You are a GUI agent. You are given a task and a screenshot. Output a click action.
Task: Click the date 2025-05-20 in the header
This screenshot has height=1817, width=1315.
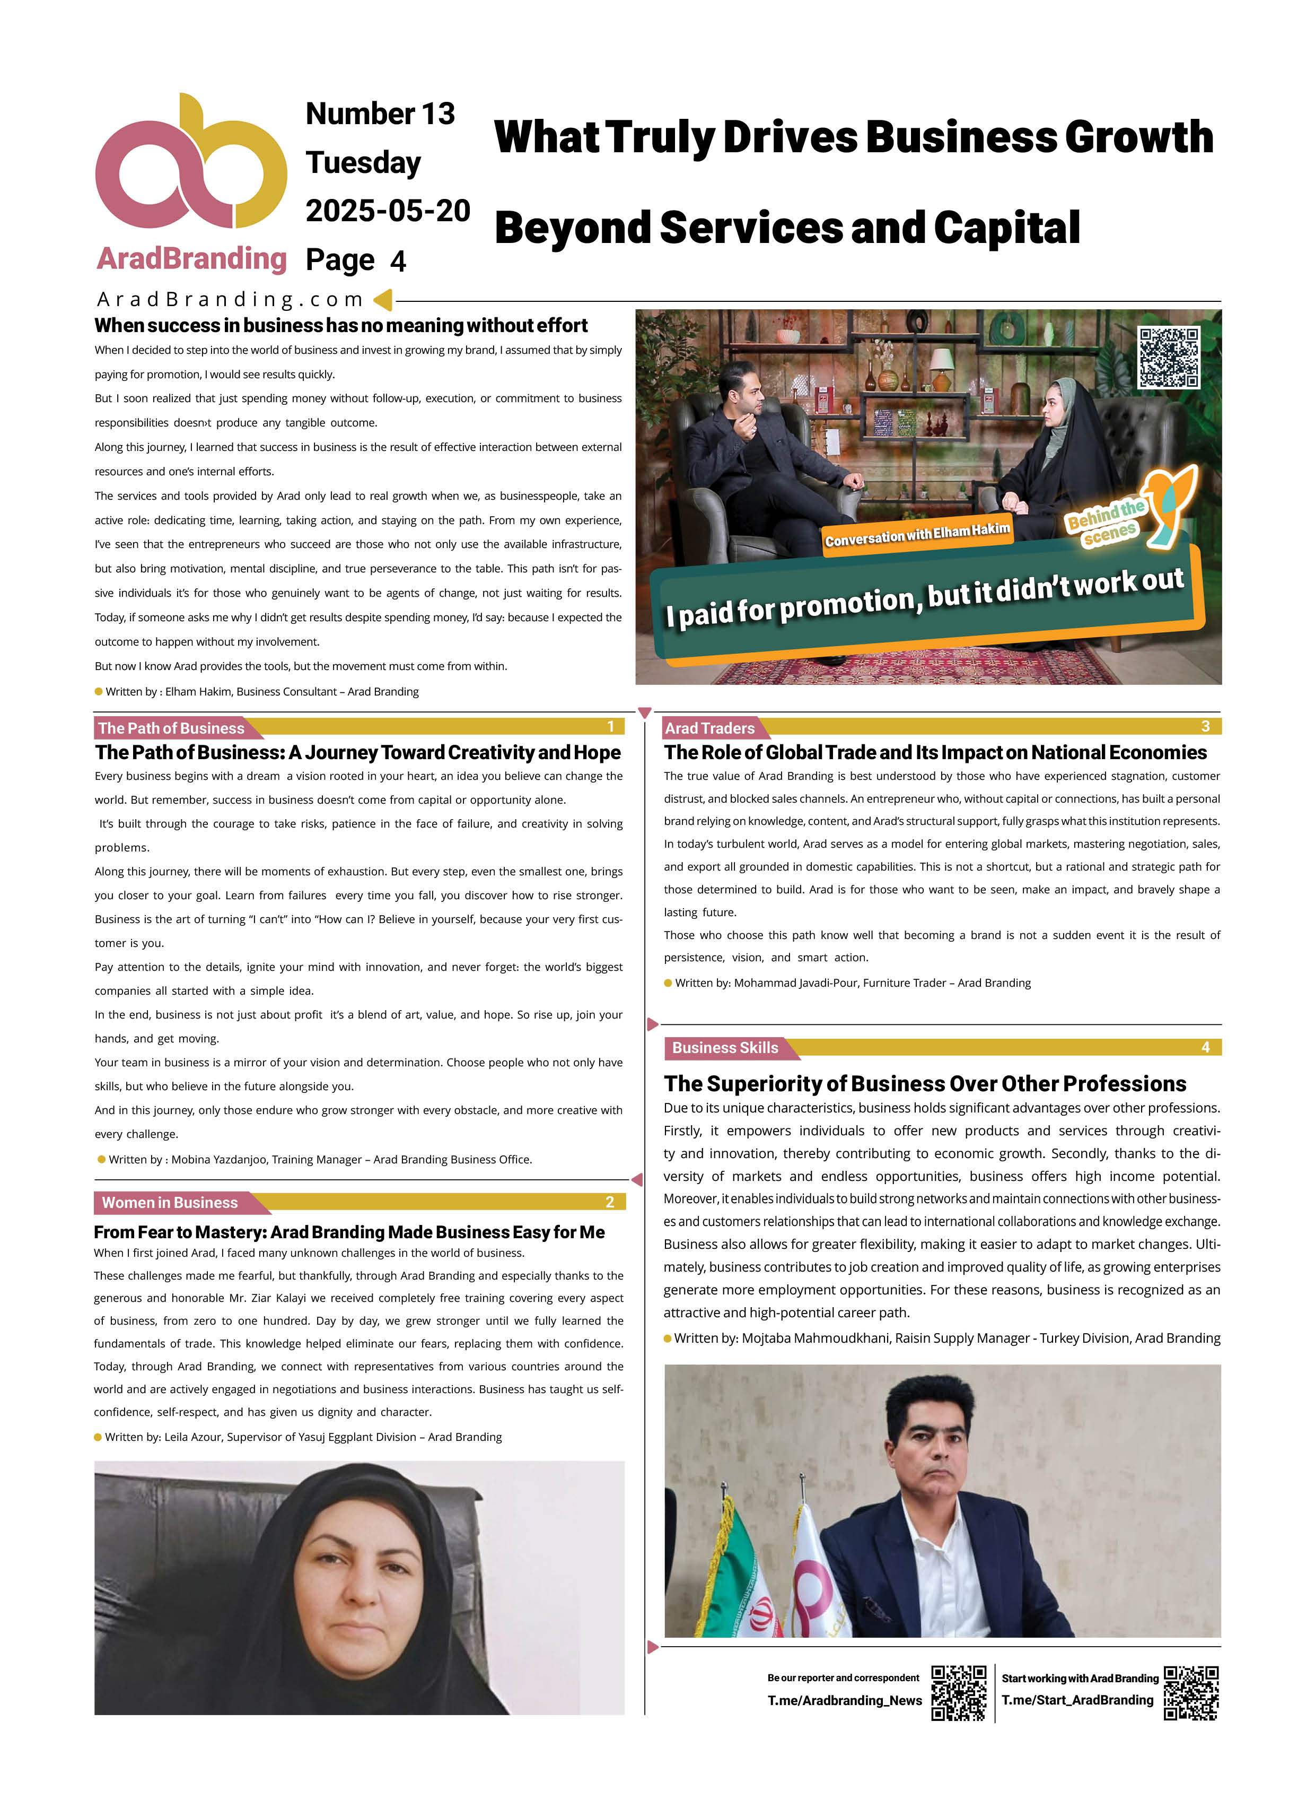click(388, 211)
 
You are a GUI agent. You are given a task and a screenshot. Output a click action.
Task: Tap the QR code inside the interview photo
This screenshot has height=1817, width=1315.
click(1169, 358)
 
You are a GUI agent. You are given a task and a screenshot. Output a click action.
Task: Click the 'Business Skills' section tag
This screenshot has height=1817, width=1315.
click(725, 1048)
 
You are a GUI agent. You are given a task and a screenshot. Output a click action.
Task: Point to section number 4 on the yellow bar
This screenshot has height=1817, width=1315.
click(1205, 1047)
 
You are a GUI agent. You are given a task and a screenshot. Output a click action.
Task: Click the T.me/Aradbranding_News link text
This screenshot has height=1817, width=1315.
click(844, 1701)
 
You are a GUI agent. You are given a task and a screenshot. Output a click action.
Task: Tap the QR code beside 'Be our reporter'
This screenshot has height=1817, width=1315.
click(958, 1693)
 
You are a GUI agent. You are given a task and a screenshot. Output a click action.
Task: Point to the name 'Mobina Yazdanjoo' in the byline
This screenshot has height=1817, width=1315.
click(218, 1159)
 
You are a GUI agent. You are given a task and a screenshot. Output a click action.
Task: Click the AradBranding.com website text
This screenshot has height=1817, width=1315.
click(229, 300)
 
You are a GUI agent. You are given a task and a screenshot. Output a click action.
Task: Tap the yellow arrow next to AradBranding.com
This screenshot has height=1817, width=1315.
click(383, 300)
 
